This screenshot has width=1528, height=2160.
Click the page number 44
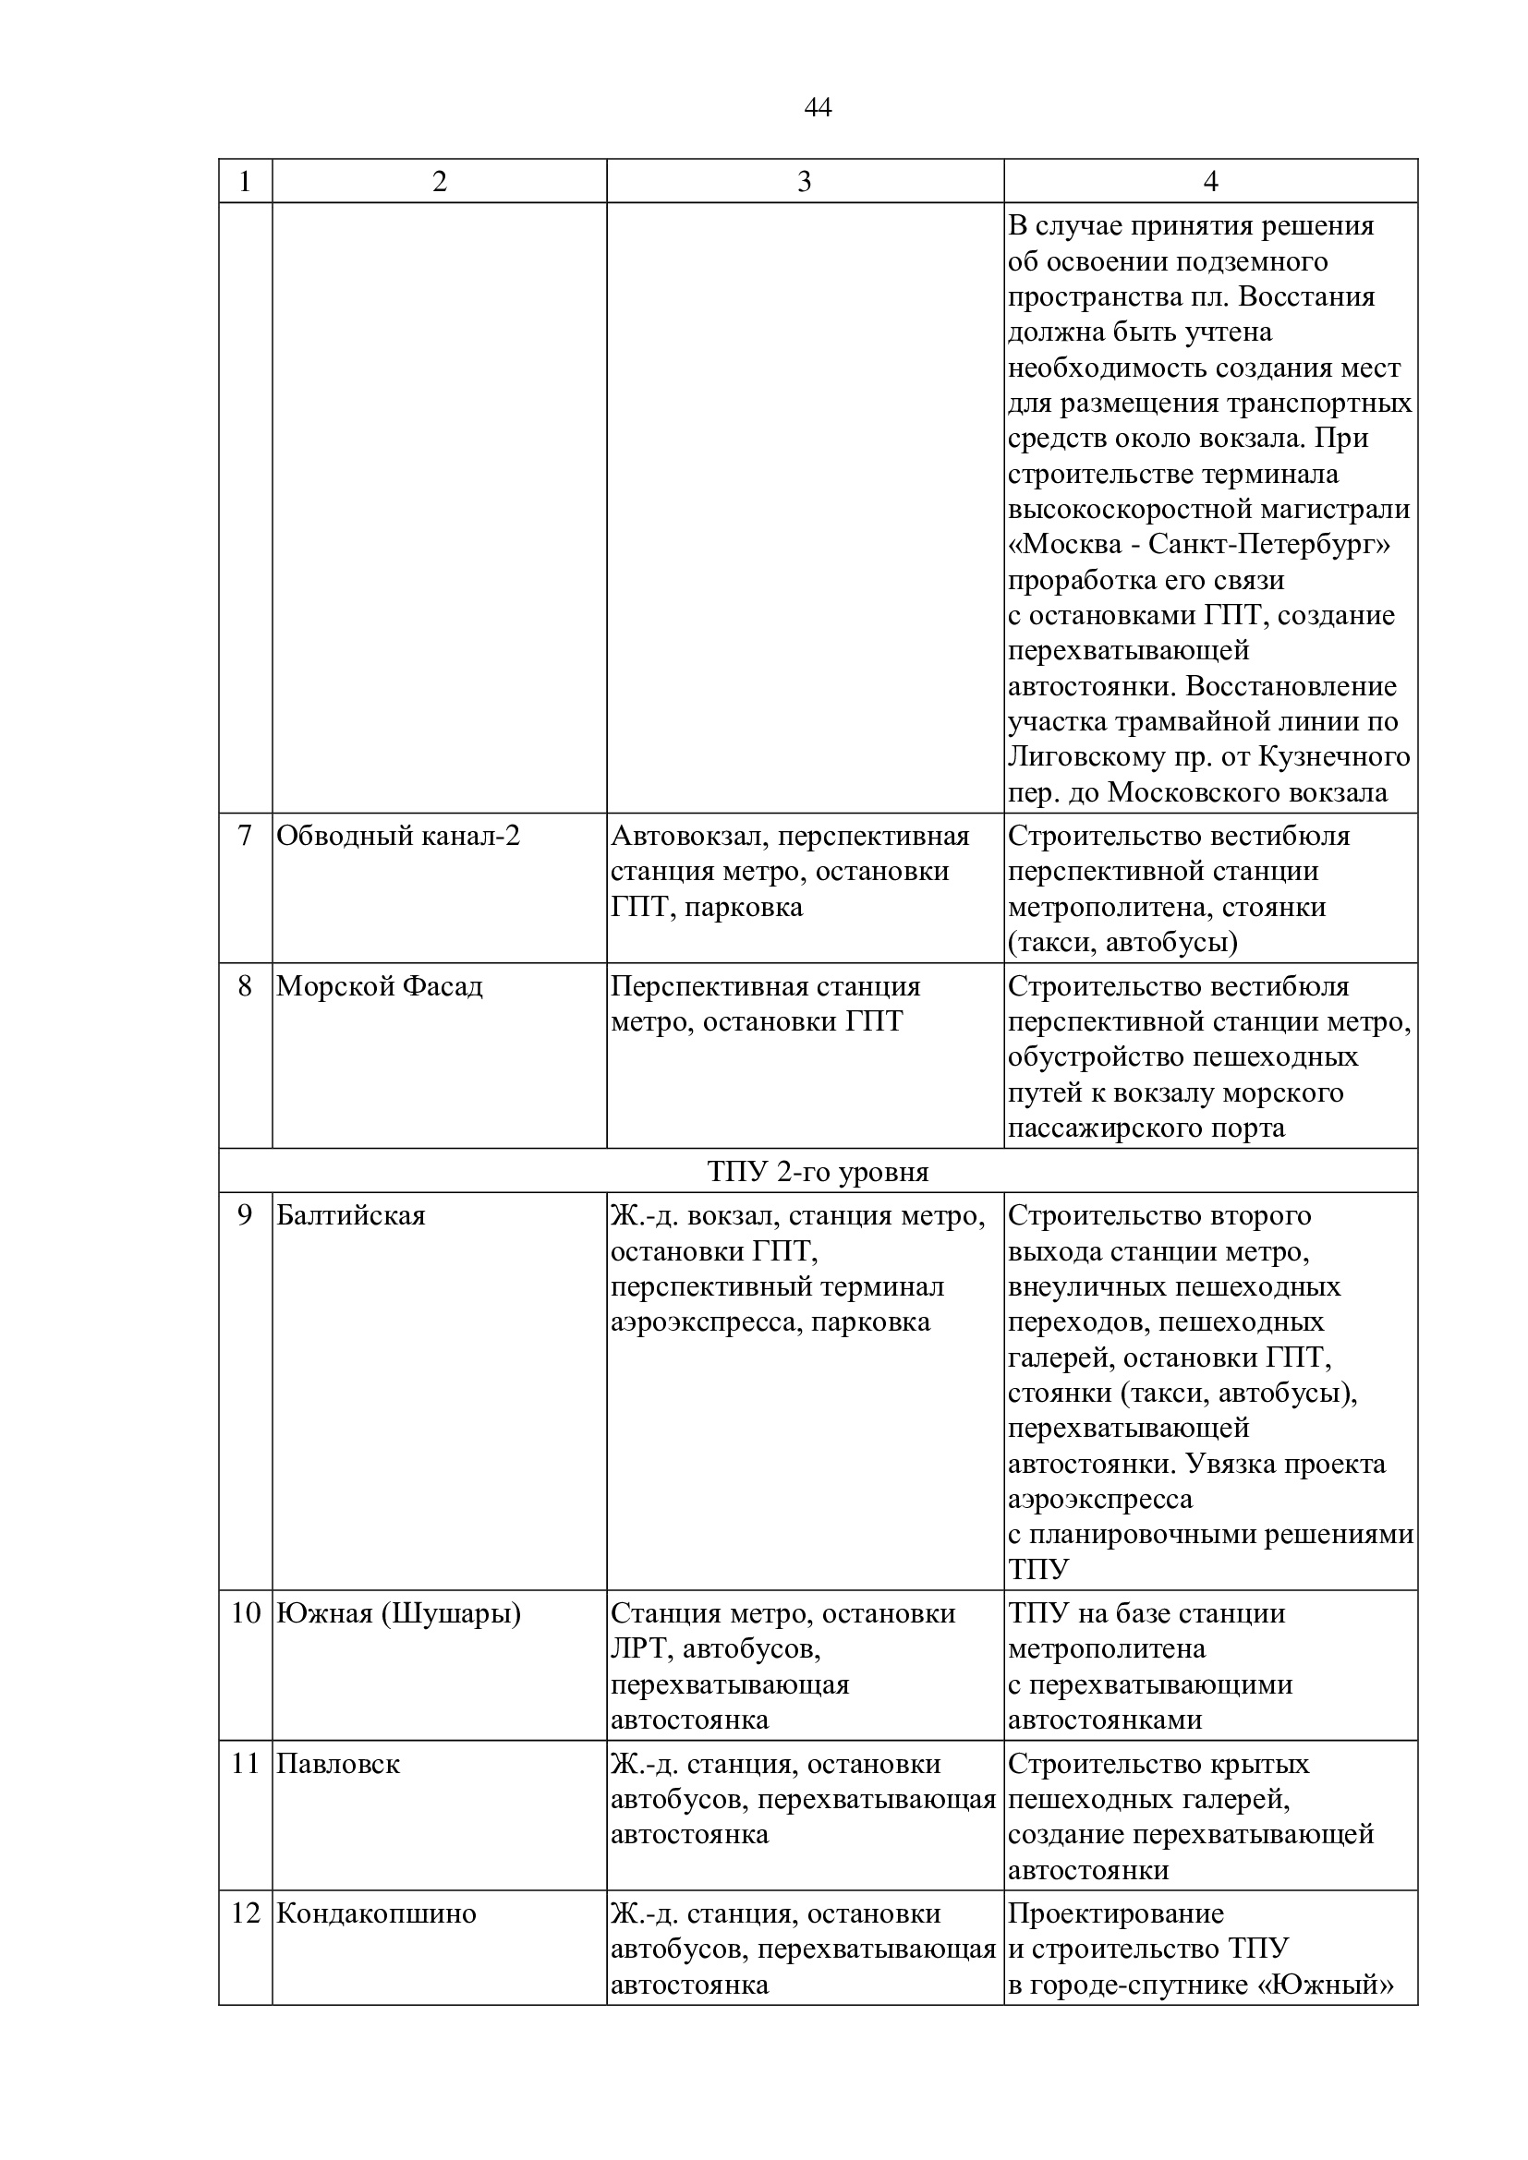818,108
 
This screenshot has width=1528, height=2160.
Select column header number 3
804,182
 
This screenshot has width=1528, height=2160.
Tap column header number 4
1210,182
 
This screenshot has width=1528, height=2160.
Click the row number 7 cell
245,836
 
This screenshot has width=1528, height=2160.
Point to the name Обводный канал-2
398,836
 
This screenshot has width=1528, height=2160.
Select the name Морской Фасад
379,986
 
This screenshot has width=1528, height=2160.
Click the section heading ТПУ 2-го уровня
818,1171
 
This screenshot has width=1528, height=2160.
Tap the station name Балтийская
350,1215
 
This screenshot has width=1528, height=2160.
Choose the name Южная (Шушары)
398,1613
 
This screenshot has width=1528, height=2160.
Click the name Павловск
338,1763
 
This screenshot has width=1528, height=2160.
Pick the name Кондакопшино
376,1913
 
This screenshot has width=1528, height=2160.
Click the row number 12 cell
245,1913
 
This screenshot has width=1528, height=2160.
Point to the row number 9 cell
245,1215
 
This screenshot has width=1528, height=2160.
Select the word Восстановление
1291,687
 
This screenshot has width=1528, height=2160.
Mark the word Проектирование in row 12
1116,1913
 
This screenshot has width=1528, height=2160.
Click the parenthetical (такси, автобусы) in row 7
1122,943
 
